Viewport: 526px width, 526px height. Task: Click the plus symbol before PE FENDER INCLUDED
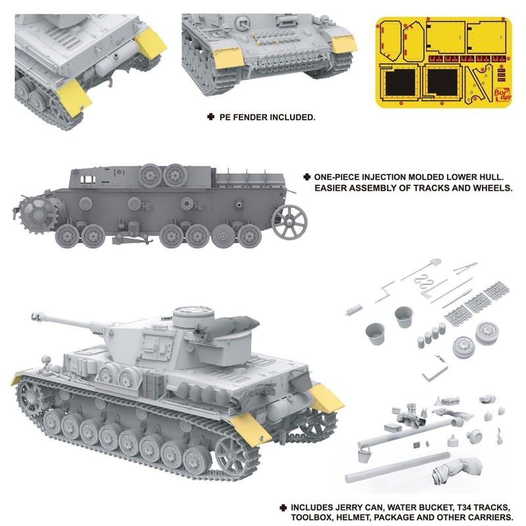pos(210,117)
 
